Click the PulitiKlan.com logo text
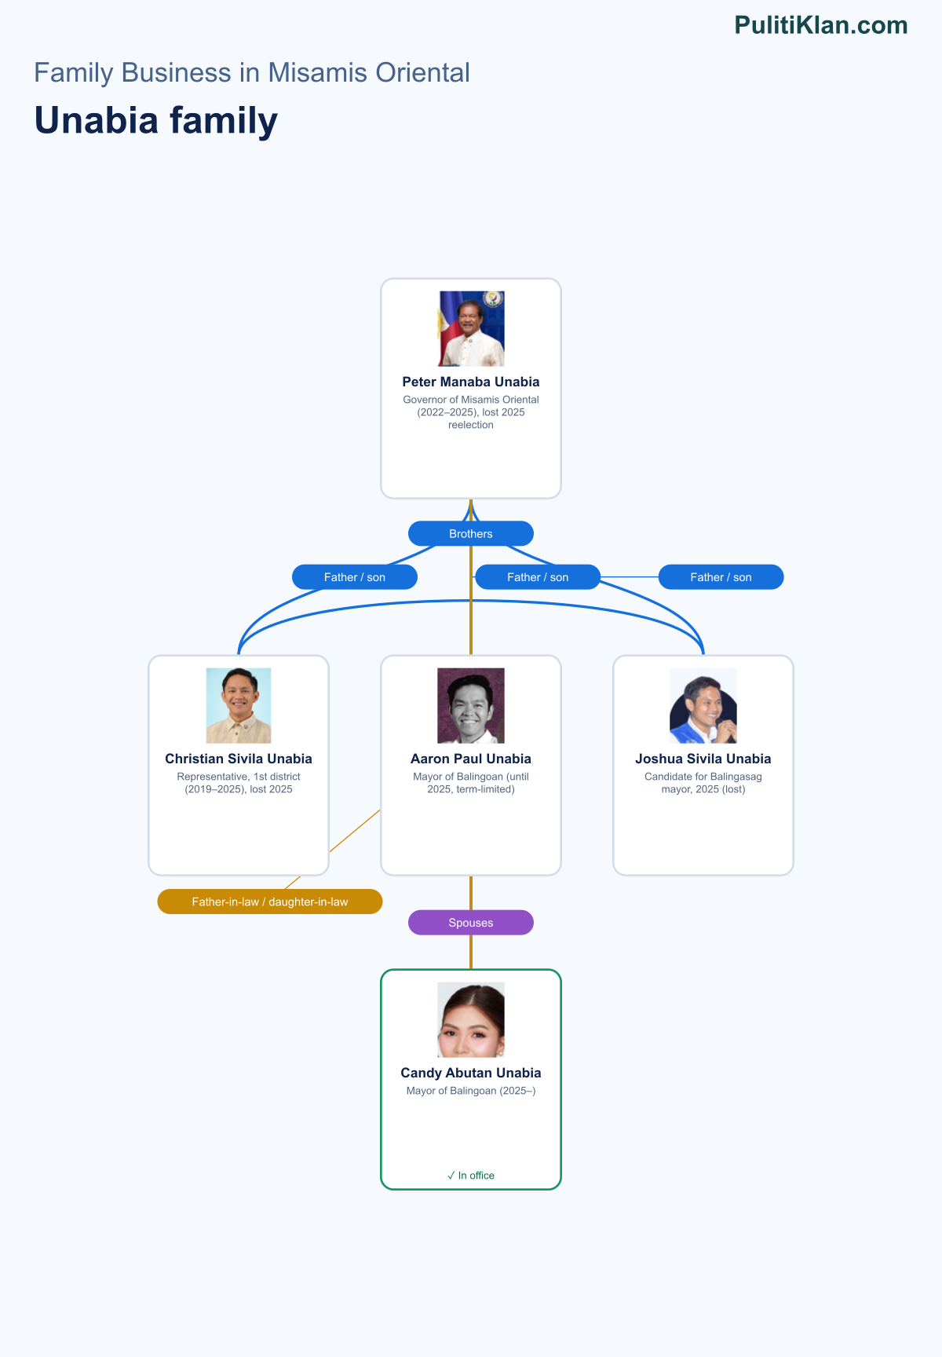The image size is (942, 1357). click(821, 25)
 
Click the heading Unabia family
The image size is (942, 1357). click(156, 121)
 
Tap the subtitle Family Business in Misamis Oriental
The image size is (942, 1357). click(252, 73)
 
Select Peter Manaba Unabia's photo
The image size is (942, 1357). click(471, 328)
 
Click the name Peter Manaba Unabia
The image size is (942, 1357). click(471, 382)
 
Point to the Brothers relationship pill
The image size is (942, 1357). click(471, 534)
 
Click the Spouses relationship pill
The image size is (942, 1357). click(471, 923)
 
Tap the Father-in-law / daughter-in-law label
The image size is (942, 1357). click(270, 902)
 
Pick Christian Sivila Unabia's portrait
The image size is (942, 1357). click(239, 705)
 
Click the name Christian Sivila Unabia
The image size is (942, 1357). click(239, 759)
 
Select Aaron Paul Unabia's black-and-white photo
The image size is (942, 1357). click(471, 705)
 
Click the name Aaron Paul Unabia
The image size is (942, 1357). click(471, 759)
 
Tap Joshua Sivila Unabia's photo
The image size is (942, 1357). click(703, 705)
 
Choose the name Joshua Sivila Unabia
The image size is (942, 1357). click(703, 759)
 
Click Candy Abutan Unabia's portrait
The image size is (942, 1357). click(471, 1019)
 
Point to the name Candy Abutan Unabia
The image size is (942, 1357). click(471, 1073)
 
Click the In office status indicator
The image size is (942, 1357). click(471, 1176)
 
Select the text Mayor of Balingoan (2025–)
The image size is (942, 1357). click(471, 1091)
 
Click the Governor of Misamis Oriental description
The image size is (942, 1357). click(471, 412)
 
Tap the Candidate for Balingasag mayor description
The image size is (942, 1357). click(703, 783)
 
